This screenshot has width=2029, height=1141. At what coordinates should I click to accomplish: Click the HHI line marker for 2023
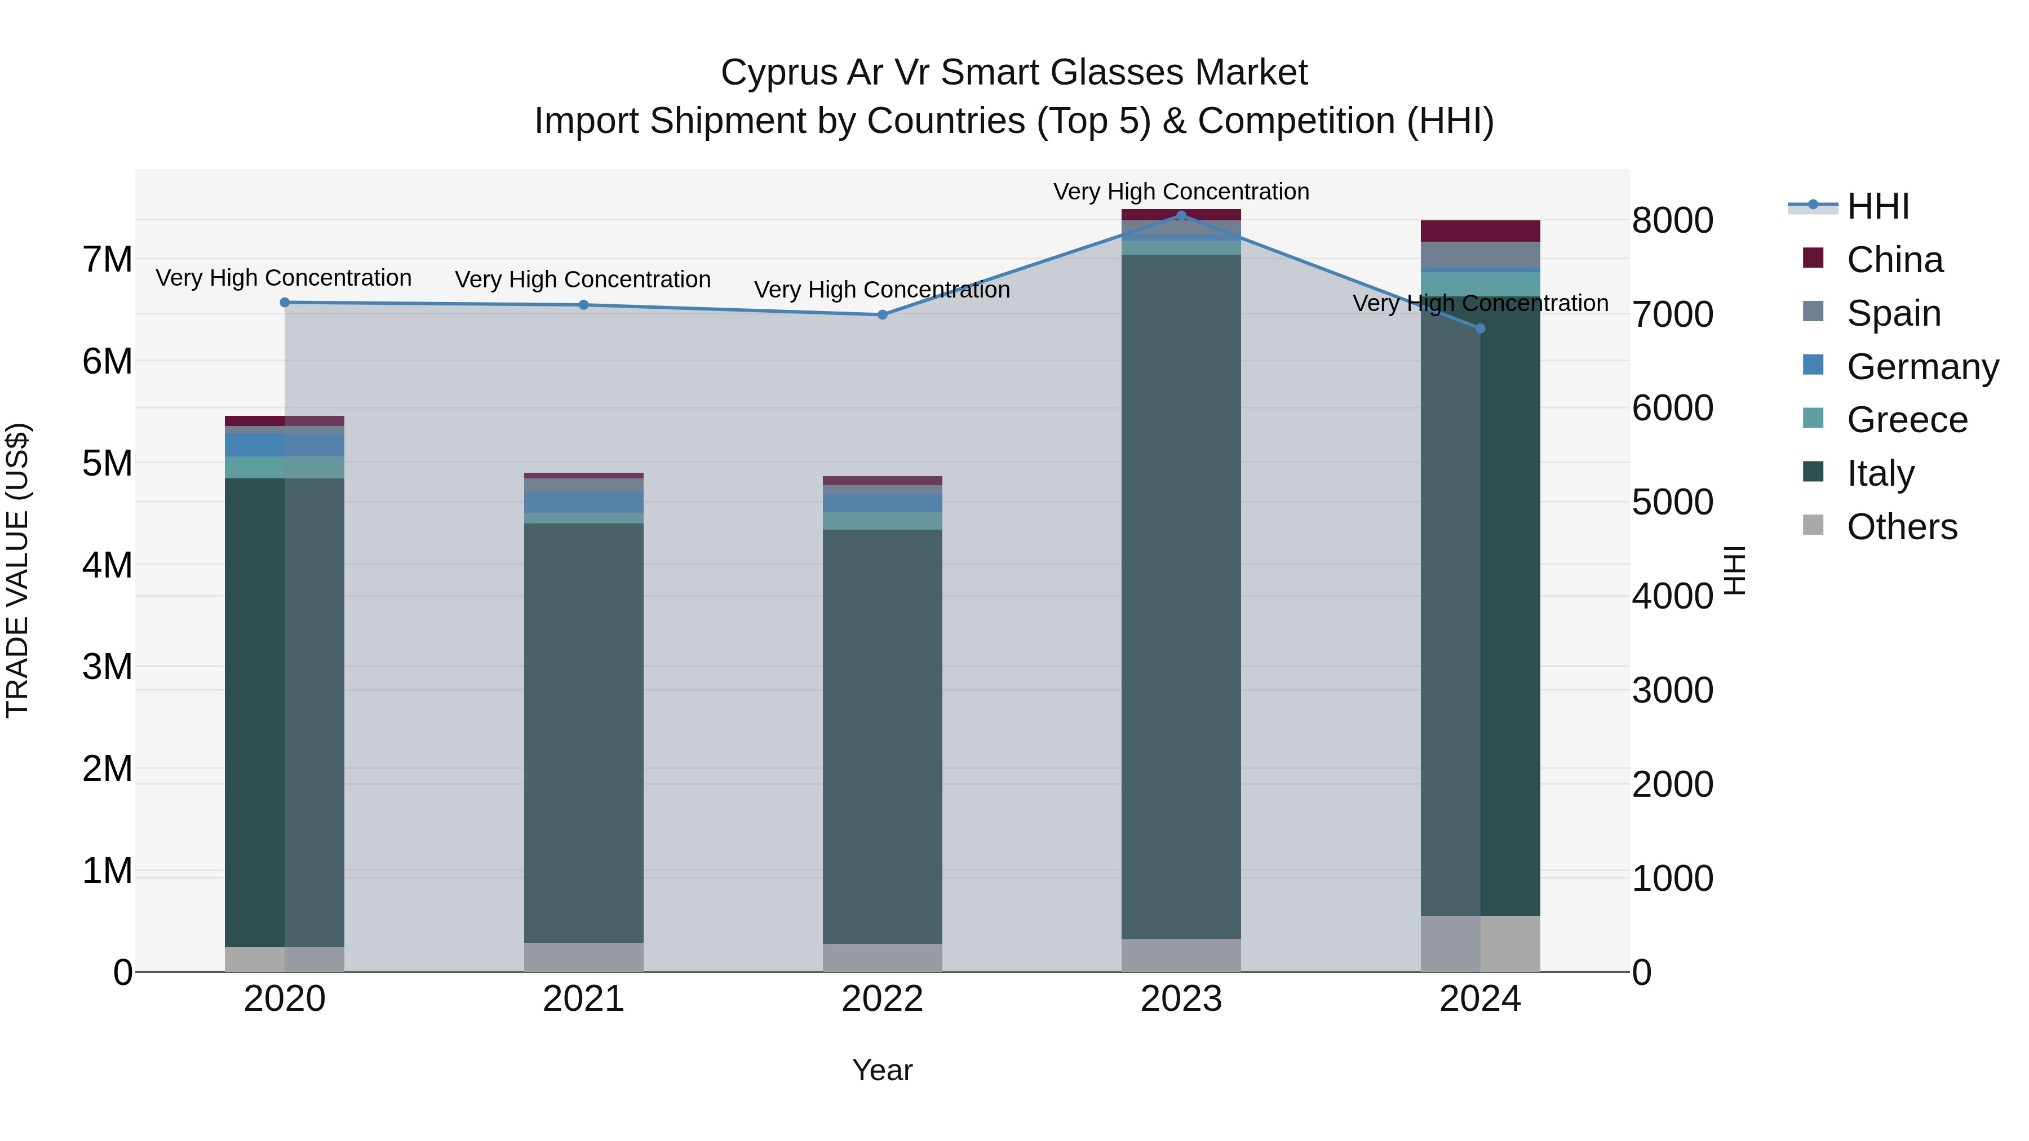pyautogui.click(x=1181, y=215)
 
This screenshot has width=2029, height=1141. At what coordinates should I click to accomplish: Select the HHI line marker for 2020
pyautogui.click(x=285, y=303)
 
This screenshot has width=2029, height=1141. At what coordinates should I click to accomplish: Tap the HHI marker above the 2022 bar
pyautogui.click(x=882, y=315)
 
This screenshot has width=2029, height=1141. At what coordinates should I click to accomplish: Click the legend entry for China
pyautogui.click(x=1894, y=260)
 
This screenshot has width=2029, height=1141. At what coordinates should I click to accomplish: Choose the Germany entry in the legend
pyautogui.click(x=1922, y=367)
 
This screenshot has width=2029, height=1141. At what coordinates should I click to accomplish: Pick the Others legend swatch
pyautogui.click(x=1813, y=525)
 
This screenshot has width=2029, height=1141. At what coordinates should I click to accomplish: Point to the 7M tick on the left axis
pyautogui.click(x=108, y=260)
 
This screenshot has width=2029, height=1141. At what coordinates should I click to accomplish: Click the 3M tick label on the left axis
pyautogui.click(x=108, y=667)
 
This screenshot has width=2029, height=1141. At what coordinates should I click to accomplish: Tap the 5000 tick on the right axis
pyautogui.click(x=1672, y=503)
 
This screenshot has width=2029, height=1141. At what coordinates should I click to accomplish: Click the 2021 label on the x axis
pyautogui.click(x=584, y=999)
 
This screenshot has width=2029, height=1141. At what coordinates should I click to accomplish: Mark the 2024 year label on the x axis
pyautogui.click(x=1480, y=999)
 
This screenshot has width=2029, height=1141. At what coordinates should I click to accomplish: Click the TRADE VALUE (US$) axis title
pyautogui.click(x=17, y=570)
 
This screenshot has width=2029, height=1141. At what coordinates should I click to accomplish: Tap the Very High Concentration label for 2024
pyautogui.click(x=1480, y=303)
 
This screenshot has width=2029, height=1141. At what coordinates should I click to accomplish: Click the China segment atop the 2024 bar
pyautogui.click(x=1480, y=230)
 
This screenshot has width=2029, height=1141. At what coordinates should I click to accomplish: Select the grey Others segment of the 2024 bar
pyautogui.click(x=1480, y=943)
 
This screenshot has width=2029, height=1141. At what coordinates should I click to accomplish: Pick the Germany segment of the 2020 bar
pyautogui.click(x=285, y=445)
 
